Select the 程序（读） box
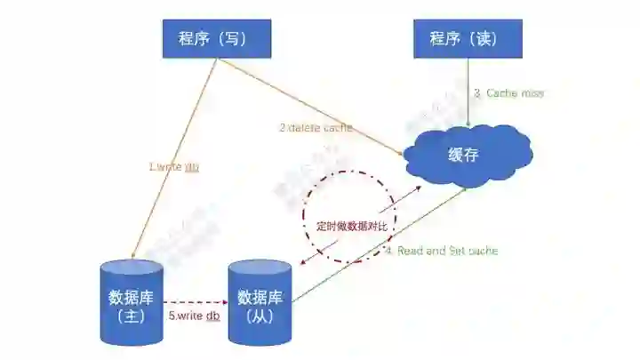pos(468,38)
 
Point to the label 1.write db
pos(173,167)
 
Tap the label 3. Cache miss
pos(508,92)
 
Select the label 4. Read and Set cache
pos(442,251)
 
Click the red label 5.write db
pos(194,316)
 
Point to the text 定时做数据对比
pos(352,226)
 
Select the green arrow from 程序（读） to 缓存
pos(468,98)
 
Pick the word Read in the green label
pos(411,251)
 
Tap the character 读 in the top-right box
pos(481,38)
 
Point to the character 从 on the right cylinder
pos(260,316)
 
